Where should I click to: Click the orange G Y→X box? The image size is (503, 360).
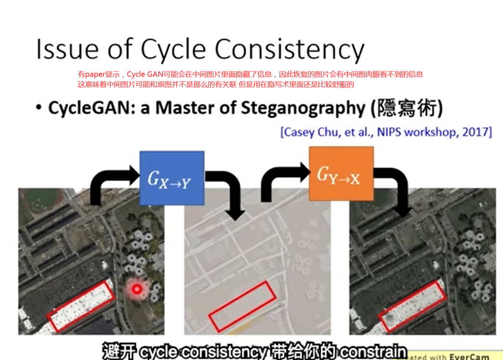coord(341,174)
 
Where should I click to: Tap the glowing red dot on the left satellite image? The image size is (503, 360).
coord(137,289)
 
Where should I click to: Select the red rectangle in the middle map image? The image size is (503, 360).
coord(241,306)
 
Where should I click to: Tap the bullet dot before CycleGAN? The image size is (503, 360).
coord(39,109)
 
